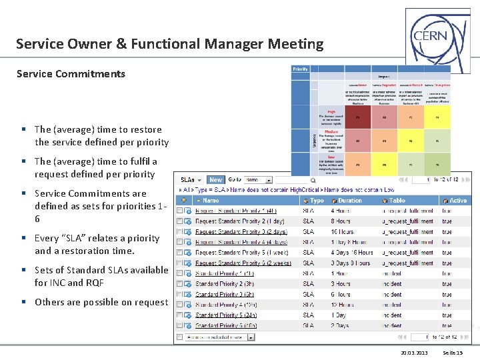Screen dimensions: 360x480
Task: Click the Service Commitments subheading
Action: [x=71, y=73]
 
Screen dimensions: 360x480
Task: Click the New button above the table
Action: [x=216, y=179]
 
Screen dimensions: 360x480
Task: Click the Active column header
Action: [x=458, y=200]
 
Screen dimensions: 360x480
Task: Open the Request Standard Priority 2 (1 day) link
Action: [x=230, y=221]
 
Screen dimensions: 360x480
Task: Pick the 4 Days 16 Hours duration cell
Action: [x=352, y=253]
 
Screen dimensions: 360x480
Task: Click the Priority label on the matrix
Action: [x=301, y=69]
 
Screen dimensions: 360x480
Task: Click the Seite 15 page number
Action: [x=453, y=352]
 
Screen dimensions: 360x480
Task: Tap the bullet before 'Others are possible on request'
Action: [x=23, y=302]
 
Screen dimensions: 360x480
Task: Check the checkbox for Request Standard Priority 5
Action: [x=179, y=253]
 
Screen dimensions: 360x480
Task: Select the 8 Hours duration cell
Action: [x=341, y=221]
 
